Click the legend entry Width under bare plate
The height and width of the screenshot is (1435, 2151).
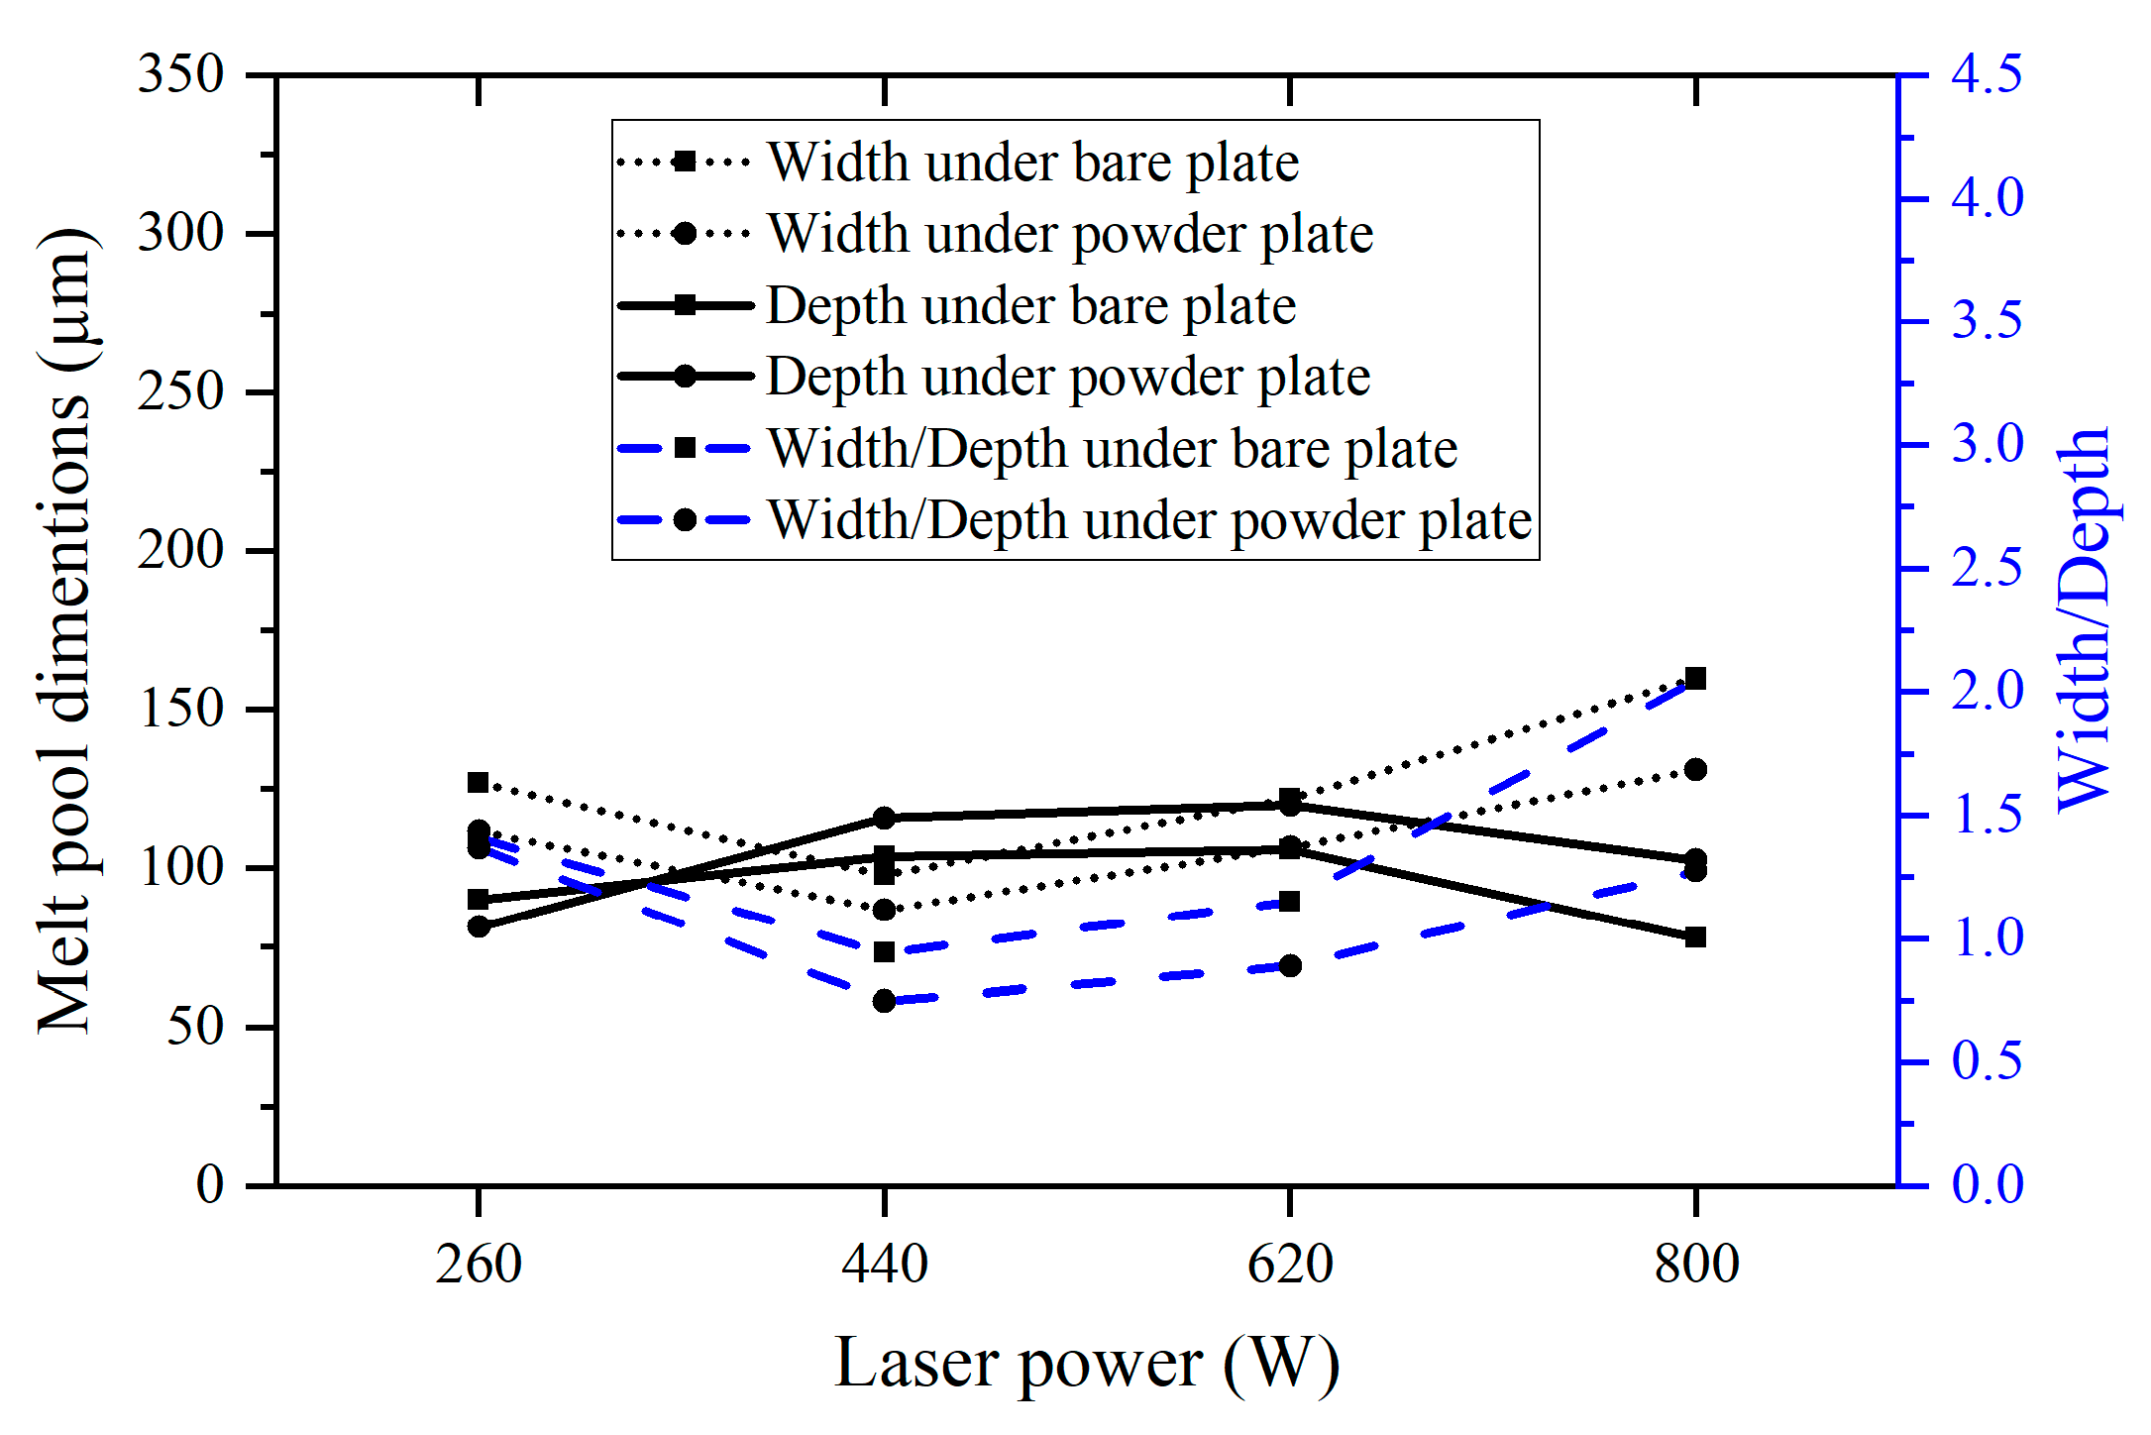pos(1032,162)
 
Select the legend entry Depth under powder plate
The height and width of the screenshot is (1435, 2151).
pos(1067,377)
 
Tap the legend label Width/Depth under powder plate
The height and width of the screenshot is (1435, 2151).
pos(1149,520)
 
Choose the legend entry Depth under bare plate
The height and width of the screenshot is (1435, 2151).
pos(1030,305)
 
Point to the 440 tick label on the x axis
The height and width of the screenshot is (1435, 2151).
pos(884,1265)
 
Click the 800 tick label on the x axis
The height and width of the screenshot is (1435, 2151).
pos(1695,1265)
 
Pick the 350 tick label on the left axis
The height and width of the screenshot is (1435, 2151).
pos(181,74)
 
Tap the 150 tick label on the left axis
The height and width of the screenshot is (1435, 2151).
pos(181,710)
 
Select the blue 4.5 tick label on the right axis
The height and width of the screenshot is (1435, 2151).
pos(1987,74)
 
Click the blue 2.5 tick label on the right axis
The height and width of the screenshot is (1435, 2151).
pos(1987,568)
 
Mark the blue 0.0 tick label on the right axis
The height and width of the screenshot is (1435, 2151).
pos(1987,1184)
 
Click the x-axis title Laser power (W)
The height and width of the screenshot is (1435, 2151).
pos(1087,1364)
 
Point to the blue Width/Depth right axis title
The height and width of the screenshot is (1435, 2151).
pos(2084,620)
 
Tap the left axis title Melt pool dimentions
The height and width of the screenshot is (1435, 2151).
pos(65,630)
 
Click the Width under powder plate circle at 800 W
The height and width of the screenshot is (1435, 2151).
pos(1695,770)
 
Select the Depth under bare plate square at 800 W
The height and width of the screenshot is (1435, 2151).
pos(1695,938)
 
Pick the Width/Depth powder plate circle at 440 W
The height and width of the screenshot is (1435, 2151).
pos(884,1001)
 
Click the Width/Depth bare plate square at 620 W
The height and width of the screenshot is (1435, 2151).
pos(1289,902)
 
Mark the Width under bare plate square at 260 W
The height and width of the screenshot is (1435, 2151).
pos(479,783)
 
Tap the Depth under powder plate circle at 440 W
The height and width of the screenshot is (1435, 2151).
pos(884,818)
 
